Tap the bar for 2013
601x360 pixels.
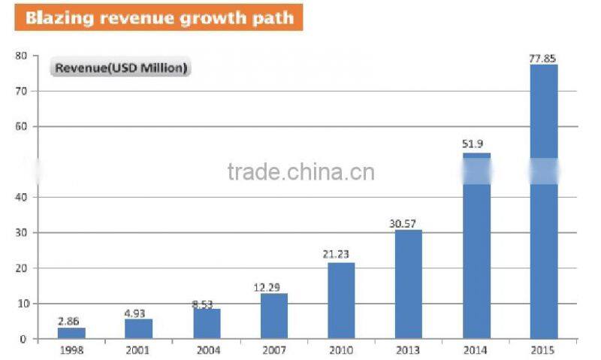(409, 284)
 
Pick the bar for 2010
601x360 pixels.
(341, 301)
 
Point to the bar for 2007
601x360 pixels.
(274, 316)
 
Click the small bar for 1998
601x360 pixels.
(72, 333)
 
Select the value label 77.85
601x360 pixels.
(544, 56)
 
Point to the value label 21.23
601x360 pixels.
(340, 254)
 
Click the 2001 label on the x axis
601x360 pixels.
(138, 349)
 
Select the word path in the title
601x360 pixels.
(274, 17)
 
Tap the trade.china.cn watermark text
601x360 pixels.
(300, 172)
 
